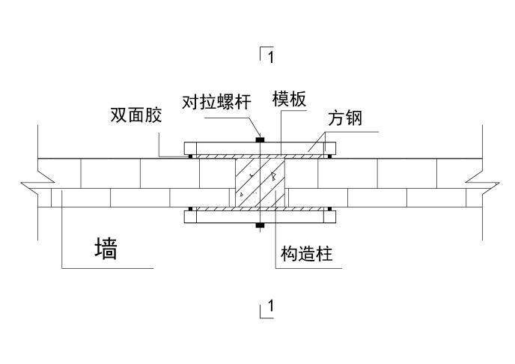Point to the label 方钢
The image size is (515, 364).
point(344,119)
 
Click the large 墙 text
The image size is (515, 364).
point(106,249)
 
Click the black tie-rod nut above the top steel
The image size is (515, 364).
point(259,139)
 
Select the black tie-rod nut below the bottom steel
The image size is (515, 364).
point(259,224)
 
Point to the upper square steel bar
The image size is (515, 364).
point(259,147)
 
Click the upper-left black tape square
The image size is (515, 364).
point(191,156)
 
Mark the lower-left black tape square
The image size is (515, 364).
point(191,207)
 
